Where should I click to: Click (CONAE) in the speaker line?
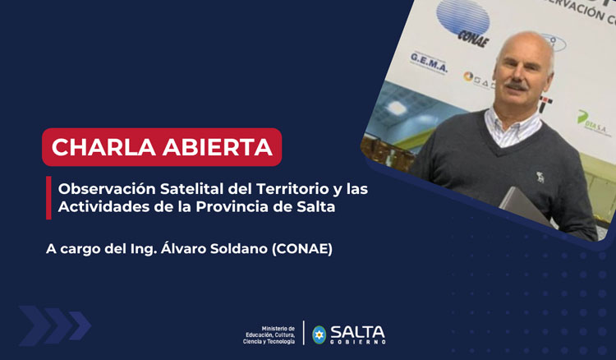coord(309,247)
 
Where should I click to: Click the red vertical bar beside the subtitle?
coord(48,198)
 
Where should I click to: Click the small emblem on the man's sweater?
coord(540,176)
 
